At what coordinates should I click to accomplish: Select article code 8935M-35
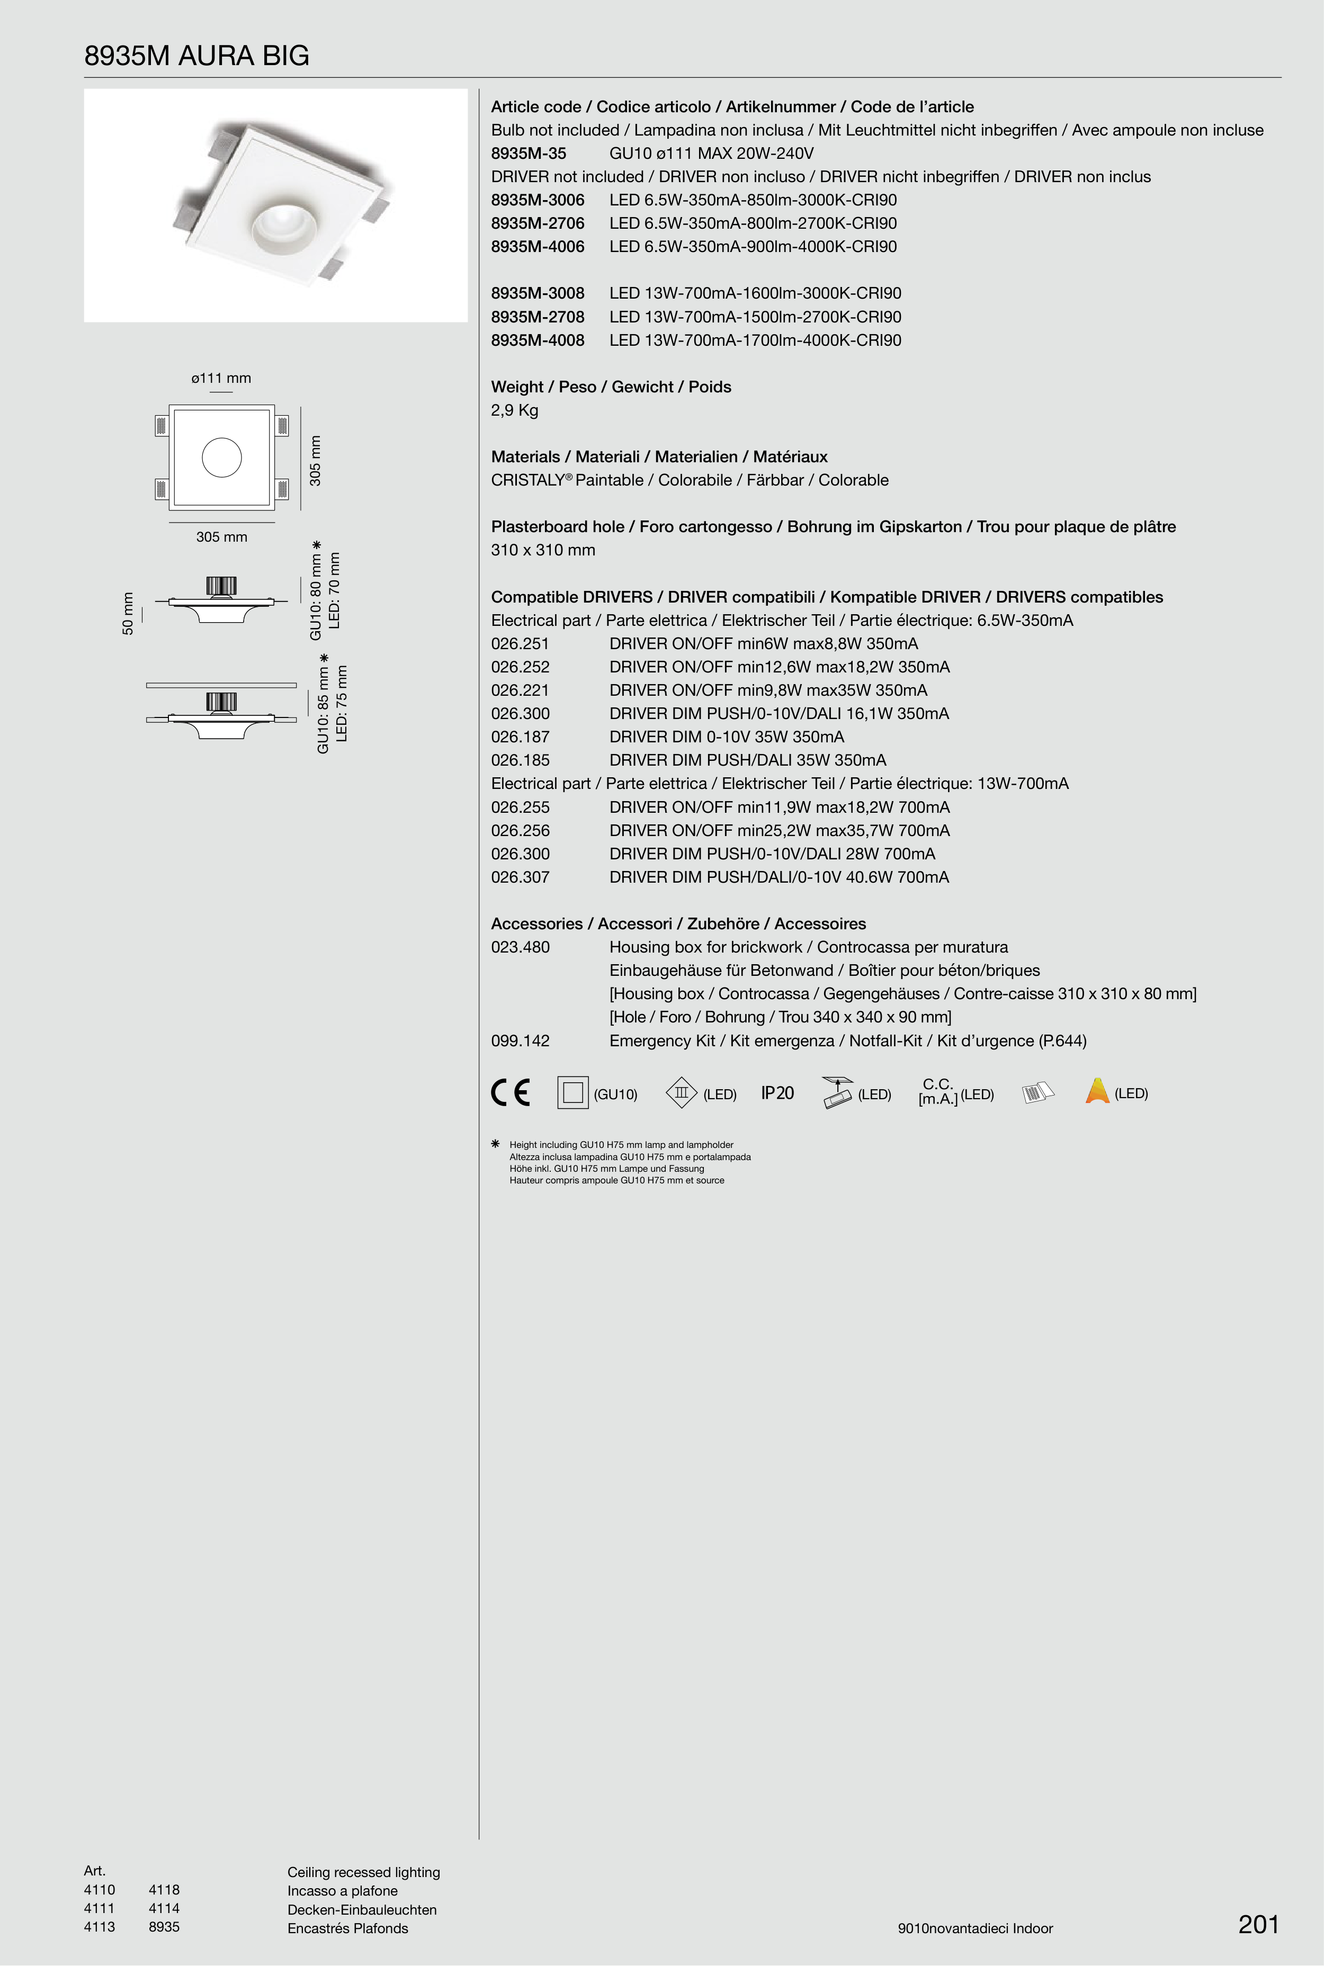click(x=529, y=154)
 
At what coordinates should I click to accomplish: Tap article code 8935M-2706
click(x=538, y=223)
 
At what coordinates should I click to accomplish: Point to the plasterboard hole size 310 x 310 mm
click(x=543, y=550)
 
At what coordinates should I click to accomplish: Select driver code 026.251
click(x=520, y=644)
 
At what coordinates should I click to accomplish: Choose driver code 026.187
click(x=520, y=737)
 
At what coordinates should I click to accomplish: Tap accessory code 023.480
click(x=520, y=948)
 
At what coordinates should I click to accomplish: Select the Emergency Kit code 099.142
click(x=520, y=1042)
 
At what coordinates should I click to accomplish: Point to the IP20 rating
click(x=777, y=1094)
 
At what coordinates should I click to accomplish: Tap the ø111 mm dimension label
click(x=221, y=378)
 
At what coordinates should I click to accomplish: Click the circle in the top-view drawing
click(x=222, y=457)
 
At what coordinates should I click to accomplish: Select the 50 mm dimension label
click(x=128, y=614)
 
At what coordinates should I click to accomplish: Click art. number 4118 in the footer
click(x=164, y=1890)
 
